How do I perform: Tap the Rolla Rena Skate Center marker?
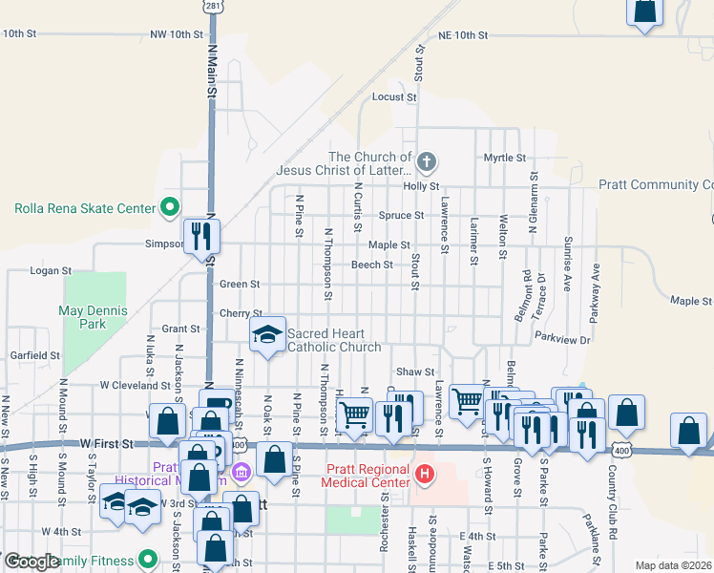(x=170, y=206)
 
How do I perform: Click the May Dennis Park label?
(x=94, y=317)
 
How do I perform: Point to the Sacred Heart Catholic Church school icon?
(x=267, y=334)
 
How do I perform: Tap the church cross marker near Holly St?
(x=427, y=162)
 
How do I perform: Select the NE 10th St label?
(x=463, y=35)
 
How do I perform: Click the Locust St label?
(x=394, y=97)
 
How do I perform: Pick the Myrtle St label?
(x=505, y=158)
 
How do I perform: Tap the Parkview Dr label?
(x=563, y=338)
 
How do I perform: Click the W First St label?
(x=106, y=444)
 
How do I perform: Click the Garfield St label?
(x=35, y=355)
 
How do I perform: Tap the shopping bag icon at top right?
(x=645, y=11)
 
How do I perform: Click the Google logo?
(x=31, y=562)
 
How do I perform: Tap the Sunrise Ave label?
(x=568, y=265)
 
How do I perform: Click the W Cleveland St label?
(x=135, y=386)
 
